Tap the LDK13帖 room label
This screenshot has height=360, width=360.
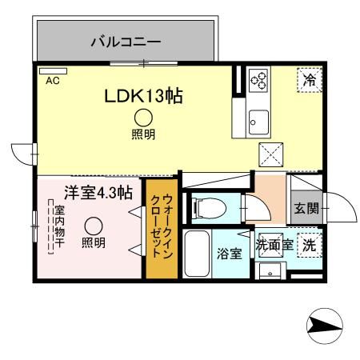coord(145,96)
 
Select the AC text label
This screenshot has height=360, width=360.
coord(52,81)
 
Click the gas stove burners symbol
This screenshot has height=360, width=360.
coord(261,80)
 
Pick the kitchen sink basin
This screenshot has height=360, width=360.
coord(259,120)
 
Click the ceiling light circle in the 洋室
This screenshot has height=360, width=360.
coord(94,226)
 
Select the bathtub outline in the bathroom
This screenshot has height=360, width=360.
coord(196,254)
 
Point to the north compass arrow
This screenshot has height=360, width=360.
coord(324,326)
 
